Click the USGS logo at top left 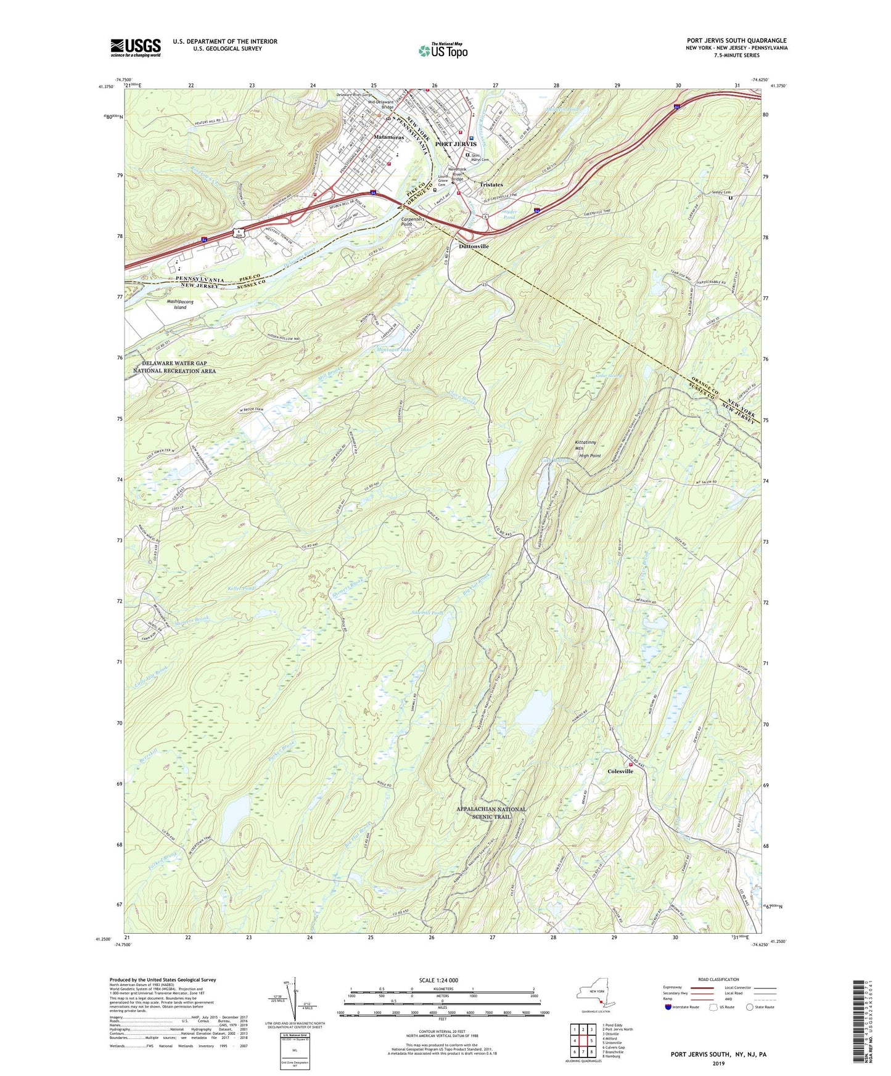[136, 47]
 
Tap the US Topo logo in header [443, 51]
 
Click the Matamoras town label [388, 137]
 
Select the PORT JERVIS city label [456, 144]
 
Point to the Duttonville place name [474, 246]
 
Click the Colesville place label [620, 771]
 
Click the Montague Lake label [394, 349]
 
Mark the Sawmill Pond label [428, 613]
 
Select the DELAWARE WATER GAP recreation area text [175, 367]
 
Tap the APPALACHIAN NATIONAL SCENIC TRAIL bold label [491, 813]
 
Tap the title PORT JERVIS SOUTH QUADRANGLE [736, 41]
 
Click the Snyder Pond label [509, 214]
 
